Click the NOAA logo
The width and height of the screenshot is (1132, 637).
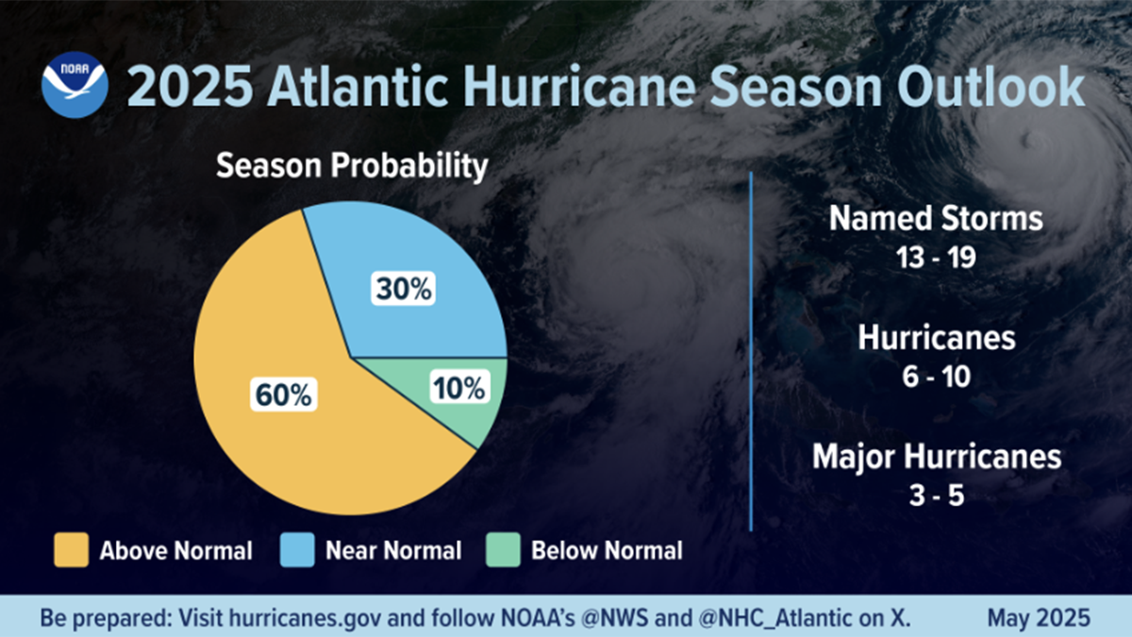[x=75, y=86]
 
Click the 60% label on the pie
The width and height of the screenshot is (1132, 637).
[x=282, y=394]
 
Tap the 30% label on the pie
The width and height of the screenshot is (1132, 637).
[x=404, y=290]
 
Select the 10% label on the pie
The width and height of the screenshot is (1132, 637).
[x=459, y=387]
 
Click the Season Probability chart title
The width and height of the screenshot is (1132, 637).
[x=352, y=167]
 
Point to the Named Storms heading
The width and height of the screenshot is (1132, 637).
[x=935, y=219]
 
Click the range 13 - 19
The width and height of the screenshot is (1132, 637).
[x=935, y=258]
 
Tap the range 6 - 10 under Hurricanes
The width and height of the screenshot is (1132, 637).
[x=935, y=377]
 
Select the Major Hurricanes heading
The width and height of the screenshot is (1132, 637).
[x=936, y=458]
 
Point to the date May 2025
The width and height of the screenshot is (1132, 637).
[x=1039, y=619]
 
